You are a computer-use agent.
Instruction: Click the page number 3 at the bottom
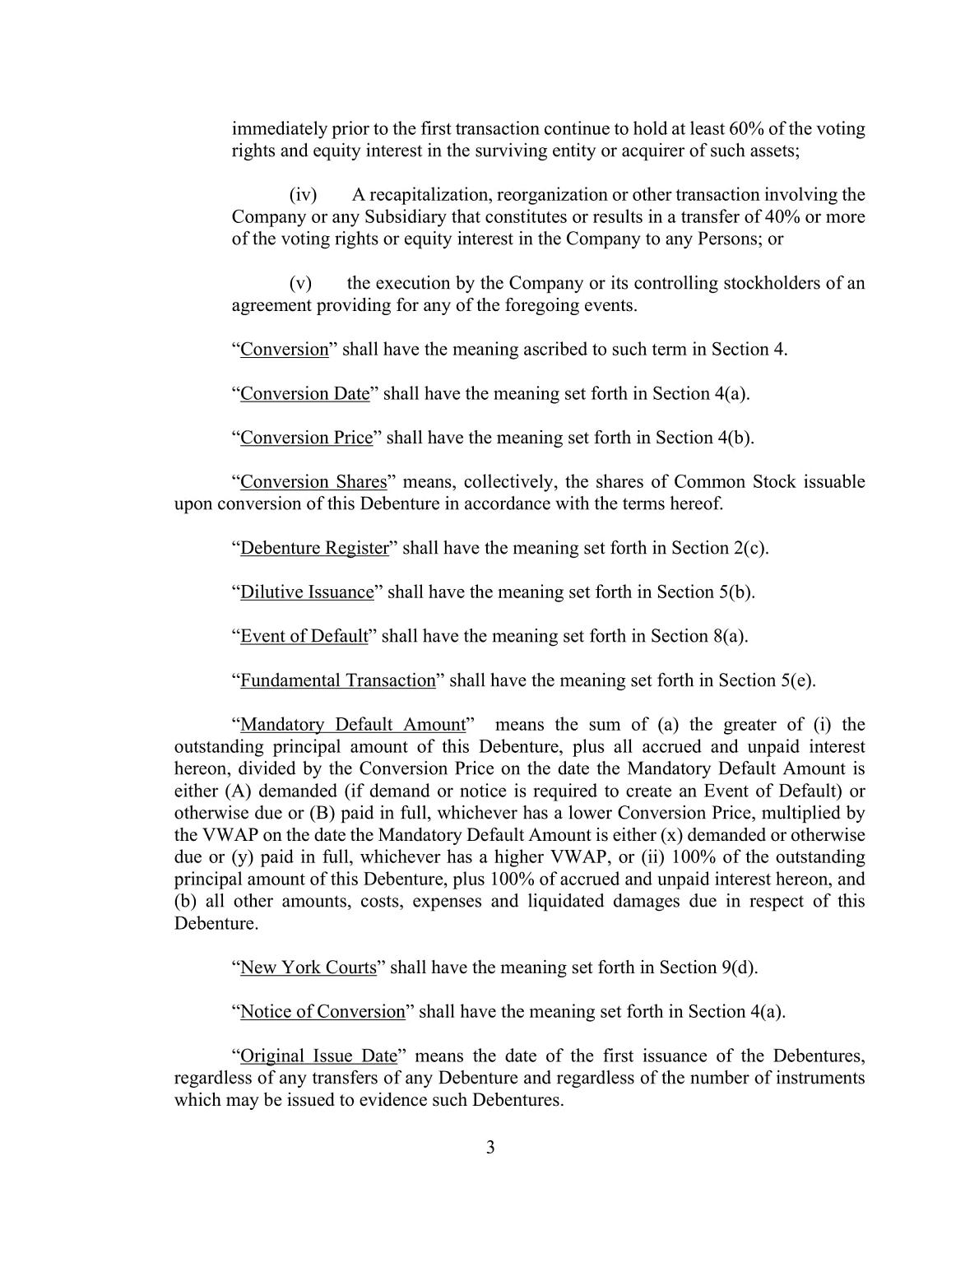coord(490,1148)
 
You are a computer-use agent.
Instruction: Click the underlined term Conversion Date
coord(304,393)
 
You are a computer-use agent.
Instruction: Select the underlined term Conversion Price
coord(306,438)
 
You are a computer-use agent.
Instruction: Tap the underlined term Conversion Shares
coord(313,481)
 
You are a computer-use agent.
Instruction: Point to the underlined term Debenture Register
coord(313,548)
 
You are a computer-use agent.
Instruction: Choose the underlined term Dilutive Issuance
coord(307,592)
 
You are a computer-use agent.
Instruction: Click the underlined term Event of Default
coord(304,636)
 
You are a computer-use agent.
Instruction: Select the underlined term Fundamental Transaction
coord(337,680)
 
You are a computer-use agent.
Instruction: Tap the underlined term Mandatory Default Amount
coord(353,725)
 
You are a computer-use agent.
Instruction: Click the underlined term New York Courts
coord(308,968)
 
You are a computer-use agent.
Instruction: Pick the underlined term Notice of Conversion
coord(322,1011)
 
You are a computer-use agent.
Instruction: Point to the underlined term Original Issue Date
coord(318,1056)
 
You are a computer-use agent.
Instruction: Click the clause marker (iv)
coord(303,195)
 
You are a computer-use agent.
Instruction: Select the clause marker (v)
coord(300,284)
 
